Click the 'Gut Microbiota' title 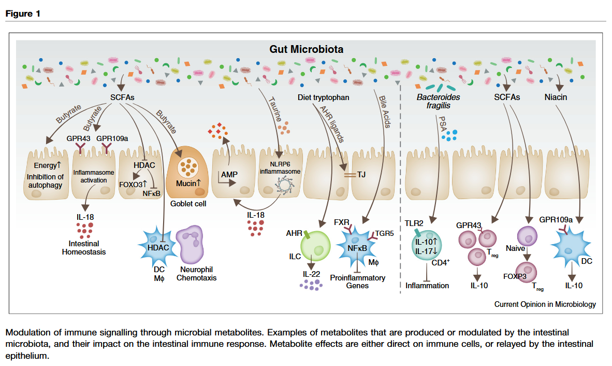pyautogui.click(x=306, y=49)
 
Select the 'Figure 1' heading pyautogui.click(x=23, y=13)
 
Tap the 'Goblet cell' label pyautogui.click(x=188, y=204)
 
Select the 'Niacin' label pyautogui.click(x=556, y=97)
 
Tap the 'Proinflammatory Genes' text pyautogui.click(x=358, y=281)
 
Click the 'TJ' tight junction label pyautogui.click(x=361, y=174)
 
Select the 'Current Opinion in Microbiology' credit pyautogui.click(x=545, y=304)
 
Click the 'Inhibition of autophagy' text pyautogui.click(x=45, y=181)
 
